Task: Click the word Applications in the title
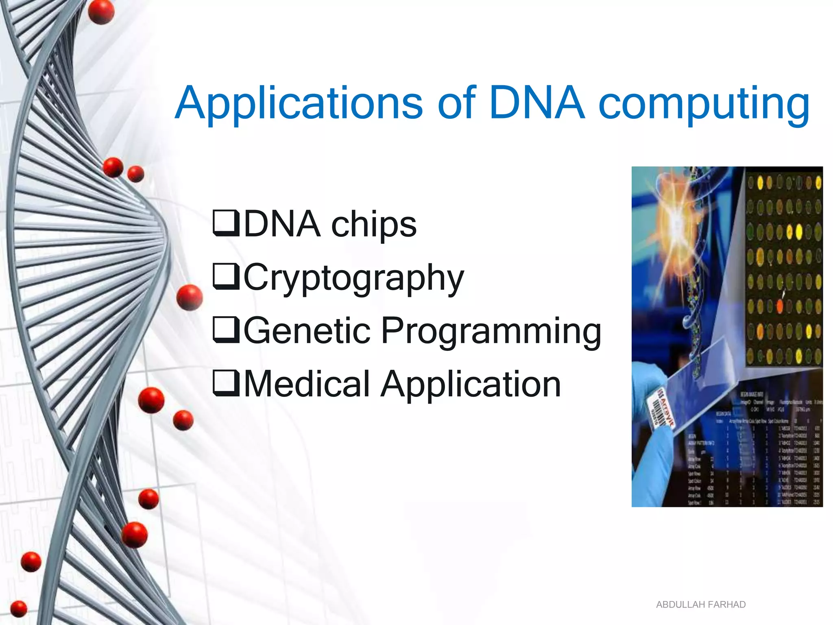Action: [x=299, y=104]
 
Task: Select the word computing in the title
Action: [x=704, y=105]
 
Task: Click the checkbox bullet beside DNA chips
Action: [x=226, y=223]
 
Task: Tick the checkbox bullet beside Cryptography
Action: [x=226, y=277]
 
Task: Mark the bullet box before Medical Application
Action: [x=226, y=383]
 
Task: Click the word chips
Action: [x=374, y=225]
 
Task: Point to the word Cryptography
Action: [x=354, y=278]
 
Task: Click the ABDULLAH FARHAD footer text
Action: [x=700, y=605]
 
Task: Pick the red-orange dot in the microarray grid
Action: [x=780, y=306]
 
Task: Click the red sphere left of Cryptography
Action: [x=190, y=297]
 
